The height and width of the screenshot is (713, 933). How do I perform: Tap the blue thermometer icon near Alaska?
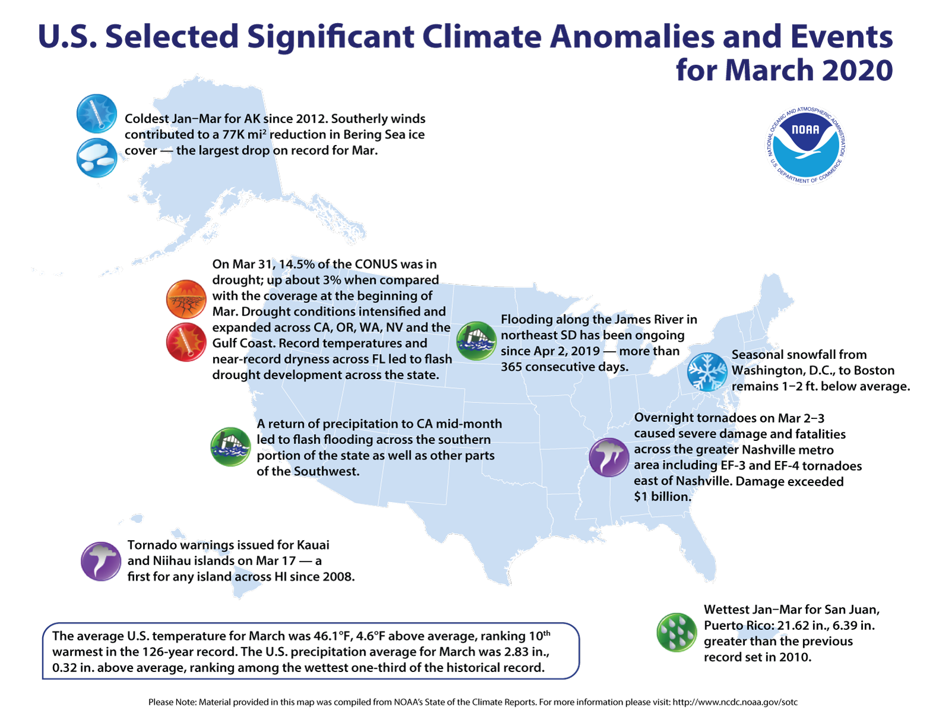pyautogui.click(x=96, y=113)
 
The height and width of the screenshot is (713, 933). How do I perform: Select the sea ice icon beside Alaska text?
pyautogui.click(x=96, y=158)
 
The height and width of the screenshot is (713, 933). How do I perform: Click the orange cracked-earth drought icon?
pyautogui.click(x=186, y=299)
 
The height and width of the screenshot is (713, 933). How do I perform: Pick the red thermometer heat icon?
pyautogui.click(x=186, y=343)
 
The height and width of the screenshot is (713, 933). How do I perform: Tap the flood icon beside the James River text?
pyautogui.click(x=476, y=341)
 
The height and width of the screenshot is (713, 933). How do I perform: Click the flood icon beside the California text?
pyautogui.click(x=230, y=446)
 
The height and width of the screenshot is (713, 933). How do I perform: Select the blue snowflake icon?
pyautogui.click(x=707, y=372)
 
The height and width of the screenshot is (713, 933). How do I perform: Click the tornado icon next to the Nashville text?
pyautogui.click(x=608, y=458)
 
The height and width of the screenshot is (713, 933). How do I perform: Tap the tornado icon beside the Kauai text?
pyautogui.click(x=101, y=561)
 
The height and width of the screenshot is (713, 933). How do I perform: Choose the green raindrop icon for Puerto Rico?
pyautogui.click(x=677, y=632)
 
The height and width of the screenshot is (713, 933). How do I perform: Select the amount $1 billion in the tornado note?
pyautogui.click(x=662, y=497)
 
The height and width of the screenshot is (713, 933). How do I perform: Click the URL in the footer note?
pyautogui.click(x=735, y=702)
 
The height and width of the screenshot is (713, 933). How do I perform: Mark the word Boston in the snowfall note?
pyautogui.click(x=873, y=371)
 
